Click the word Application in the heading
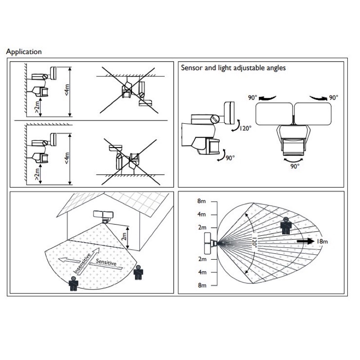coord(23,52)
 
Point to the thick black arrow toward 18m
coord(306,242)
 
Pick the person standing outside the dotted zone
coord(138,272)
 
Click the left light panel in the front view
coord(273,114)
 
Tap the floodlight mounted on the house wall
coord(103,216)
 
